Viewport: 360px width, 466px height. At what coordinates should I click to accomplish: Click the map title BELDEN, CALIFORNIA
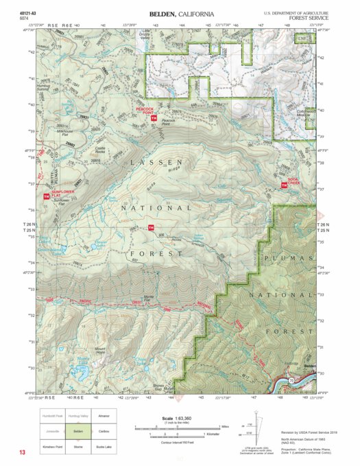[x=181, y=14]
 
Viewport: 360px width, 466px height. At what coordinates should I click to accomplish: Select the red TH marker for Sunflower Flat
[x=46, y=196]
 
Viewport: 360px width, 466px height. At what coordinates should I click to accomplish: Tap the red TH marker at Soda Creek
[x=285, y=186]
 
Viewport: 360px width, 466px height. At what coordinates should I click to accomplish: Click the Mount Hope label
[x=100, y=350]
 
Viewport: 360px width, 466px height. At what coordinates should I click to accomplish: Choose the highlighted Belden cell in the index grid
[x=77, y=430]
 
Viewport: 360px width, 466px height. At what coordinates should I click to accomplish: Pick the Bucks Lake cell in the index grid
[x=104, y=445]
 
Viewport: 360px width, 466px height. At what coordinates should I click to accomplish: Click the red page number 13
[x=23, y=452]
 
